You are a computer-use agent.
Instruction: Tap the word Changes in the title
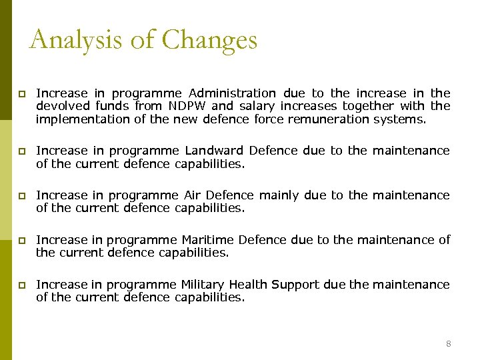(209, 40)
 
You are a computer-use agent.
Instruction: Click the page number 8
(448, 343)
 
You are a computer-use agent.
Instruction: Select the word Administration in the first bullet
(232, 93)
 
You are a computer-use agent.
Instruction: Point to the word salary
(257, 106)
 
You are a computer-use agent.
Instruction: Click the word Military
(203, 285)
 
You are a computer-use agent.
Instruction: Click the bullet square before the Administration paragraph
(23, 94)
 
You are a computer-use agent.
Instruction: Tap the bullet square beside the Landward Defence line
(23, 151)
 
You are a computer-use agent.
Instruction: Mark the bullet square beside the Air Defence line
(23, 196)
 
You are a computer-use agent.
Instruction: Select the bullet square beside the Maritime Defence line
(23, 241)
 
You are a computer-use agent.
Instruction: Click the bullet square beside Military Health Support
(23, 285)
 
